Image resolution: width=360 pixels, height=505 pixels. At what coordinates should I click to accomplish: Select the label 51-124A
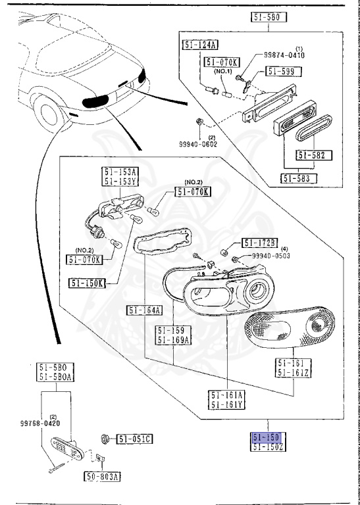tap(199, 45)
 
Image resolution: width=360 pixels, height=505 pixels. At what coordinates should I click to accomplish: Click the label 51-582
tap(314, 156)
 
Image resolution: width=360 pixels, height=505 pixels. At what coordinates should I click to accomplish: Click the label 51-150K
tap(85, 283)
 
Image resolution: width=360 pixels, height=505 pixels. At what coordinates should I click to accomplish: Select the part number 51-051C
tap(135, 439)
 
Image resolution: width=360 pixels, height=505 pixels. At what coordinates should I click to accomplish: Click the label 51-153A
tap(119, 172)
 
